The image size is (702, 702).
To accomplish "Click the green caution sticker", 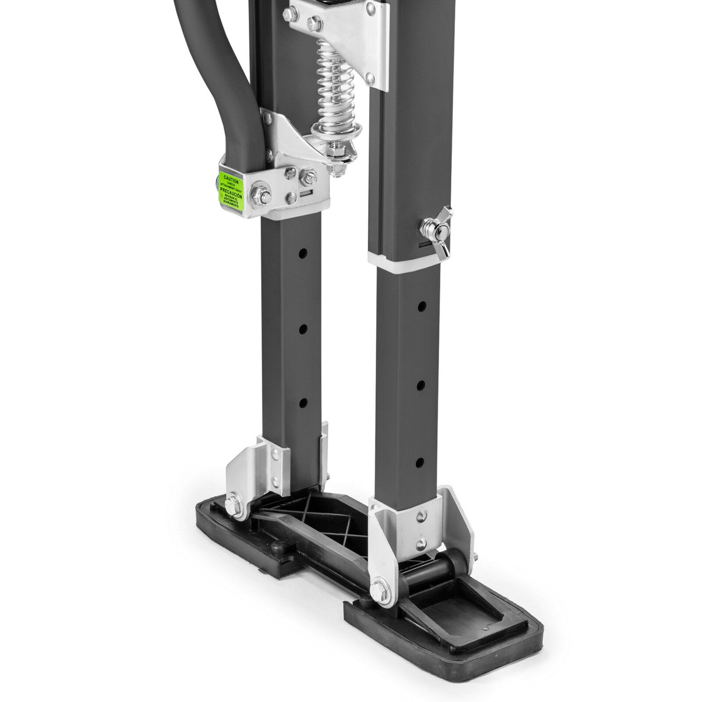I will [x=231, y=190].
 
